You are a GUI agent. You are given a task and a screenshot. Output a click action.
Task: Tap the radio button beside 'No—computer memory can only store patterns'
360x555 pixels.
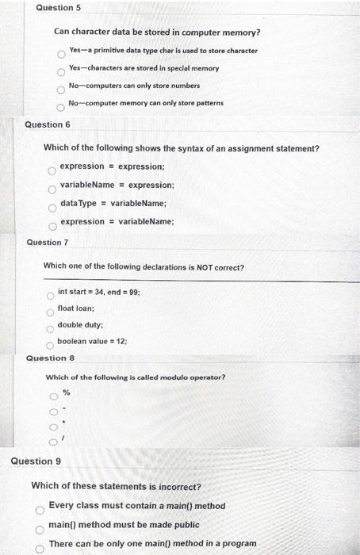point(60,107)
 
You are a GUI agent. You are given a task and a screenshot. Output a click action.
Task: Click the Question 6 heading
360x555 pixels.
point(48,124)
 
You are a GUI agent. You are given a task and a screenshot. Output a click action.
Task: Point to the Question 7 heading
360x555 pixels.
point(44,242)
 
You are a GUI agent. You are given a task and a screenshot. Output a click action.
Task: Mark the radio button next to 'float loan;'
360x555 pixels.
point(49,312)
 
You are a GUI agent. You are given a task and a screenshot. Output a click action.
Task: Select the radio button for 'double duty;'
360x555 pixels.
point(49,328)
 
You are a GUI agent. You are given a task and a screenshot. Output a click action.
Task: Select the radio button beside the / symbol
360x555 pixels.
point(54,442)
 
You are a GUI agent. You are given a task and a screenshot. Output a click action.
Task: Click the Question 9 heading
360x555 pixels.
point(36,461)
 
